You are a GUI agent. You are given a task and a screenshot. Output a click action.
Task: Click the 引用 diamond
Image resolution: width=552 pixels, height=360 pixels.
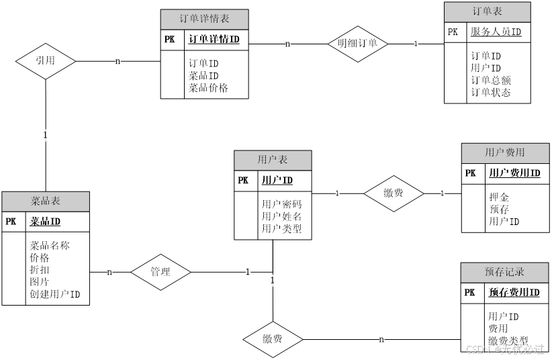45,60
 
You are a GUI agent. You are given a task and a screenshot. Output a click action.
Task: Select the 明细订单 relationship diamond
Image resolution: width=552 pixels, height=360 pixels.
358,44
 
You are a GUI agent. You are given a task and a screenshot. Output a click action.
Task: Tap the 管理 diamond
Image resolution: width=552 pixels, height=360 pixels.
160,272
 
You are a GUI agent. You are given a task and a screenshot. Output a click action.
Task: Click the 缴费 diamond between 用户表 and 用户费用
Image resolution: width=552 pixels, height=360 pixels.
394,193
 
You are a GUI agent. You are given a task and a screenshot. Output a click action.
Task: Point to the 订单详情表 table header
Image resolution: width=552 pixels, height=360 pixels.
205,19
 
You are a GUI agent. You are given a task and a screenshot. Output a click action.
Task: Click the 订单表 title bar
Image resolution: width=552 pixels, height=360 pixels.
487,11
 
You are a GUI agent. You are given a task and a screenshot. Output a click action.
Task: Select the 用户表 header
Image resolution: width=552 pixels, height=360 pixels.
273,160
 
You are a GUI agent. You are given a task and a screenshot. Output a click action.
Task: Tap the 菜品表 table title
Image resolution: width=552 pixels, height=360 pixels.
46,201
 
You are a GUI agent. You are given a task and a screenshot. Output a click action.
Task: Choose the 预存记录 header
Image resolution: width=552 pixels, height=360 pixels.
505,272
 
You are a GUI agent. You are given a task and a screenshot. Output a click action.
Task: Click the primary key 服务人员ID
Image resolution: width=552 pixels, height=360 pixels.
496,32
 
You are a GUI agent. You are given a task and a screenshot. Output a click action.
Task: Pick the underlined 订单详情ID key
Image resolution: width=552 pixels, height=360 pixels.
214,40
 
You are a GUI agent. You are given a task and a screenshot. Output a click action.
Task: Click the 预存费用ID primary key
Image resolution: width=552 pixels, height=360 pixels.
514,292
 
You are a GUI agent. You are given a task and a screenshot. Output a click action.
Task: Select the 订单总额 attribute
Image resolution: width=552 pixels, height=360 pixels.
490,80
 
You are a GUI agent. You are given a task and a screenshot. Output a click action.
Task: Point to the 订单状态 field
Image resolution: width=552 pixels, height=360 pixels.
490,92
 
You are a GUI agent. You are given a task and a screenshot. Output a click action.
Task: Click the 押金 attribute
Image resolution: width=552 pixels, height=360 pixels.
499,197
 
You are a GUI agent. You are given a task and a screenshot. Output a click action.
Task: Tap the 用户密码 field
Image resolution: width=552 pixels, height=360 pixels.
281,204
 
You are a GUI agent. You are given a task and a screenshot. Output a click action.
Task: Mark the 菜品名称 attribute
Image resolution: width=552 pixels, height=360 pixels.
49,245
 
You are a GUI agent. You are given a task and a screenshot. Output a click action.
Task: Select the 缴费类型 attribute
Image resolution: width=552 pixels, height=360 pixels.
508,341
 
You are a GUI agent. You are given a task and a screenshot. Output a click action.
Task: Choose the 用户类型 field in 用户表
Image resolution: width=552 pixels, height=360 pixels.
281,228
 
